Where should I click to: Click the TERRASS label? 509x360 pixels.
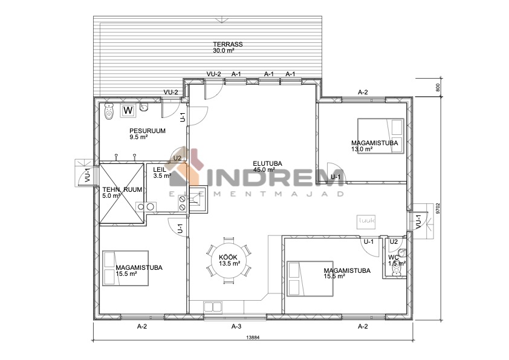coord(227,44)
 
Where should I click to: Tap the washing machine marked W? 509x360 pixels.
coord(128,111)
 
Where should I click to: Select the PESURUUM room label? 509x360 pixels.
coord(148,131)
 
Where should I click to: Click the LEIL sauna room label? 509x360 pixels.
coord(160,169)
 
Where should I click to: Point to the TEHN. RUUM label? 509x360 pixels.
coord(122,190)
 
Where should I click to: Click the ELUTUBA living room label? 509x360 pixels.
coord(267,163)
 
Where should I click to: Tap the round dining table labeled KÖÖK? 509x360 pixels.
coord(229,260)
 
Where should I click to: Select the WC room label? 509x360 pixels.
coord(394,257)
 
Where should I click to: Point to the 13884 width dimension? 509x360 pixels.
coord(253,337)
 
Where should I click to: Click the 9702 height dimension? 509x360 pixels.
coord(438,208)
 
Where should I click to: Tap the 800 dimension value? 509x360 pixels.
coord(438,87)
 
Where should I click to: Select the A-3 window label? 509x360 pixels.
coord(236,326)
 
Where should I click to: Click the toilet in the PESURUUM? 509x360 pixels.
coord(109,111)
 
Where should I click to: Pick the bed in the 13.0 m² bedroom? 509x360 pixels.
coord(381,136)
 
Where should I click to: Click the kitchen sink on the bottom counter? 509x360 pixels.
coord(212,307)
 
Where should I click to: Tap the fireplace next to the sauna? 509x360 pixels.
coord(198,200)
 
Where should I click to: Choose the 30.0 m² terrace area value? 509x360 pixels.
coord(224,50)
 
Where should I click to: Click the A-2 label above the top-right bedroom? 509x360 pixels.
coord(363,93)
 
